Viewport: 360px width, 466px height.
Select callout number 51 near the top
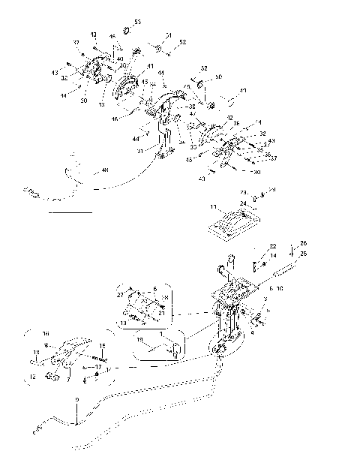click(x=169, y=35)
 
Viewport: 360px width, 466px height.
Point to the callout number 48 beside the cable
click(x=104, y=170)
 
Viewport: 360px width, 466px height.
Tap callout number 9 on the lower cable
click(x=76, y=410)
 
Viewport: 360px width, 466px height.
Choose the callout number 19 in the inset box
click(x=139, y=339)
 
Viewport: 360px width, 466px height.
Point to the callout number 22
click(x=273, y=246)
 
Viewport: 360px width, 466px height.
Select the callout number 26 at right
click(x=303, y=242)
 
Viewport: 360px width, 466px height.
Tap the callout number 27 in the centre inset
click(x=119, y=296)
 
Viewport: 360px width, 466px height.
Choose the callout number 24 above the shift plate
click(x=244, y=203)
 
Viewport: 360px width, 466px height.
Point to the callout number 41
click(x=150, y=67)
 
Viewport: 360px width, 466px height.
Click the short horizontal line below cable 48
click(x=69, y=213)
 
